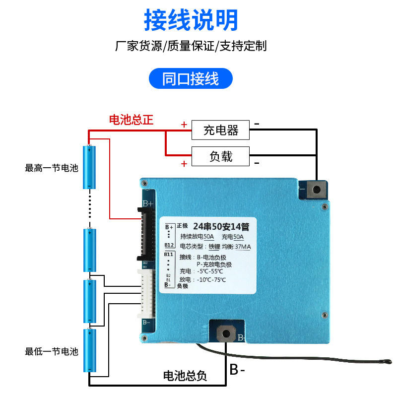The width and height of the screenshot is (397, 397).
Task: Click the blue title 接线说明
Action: pos(192,20)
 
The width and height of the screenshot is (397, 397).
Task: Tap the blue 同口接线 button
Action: pos(191,78)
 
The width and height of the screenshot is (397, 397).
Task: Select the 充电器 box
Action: pos(221,131)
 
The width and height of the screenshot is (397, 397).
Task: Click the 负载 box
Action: pos(221,157)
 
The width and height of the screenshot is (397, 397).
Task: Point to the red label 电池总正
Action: pos(131,120)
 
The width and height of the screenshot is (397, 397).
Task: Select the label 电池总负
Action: pos(185,376)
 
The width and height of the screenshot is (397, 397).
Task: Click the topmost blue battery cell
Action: pos(89,167)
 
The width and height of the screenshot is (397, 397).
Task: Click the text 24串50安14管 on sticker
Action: pos(221,227)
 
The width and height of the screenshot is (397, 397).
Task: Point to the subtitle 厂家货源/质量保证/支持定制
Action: pos(191,46)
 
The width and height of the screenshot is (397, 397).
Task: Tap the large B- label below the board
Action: pos(237,370)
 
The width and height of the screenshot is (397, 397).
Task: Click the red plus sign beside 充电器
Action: pos(184,125)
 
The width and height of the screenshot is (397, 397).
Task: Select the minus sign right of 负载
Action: pos(257,162)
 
